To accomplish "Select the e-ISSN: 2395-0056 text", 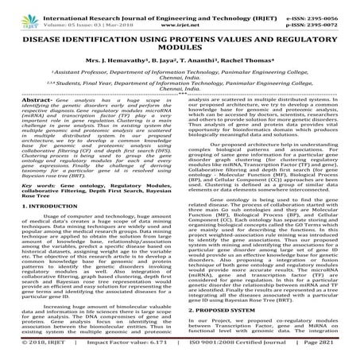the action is point(323,8).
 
